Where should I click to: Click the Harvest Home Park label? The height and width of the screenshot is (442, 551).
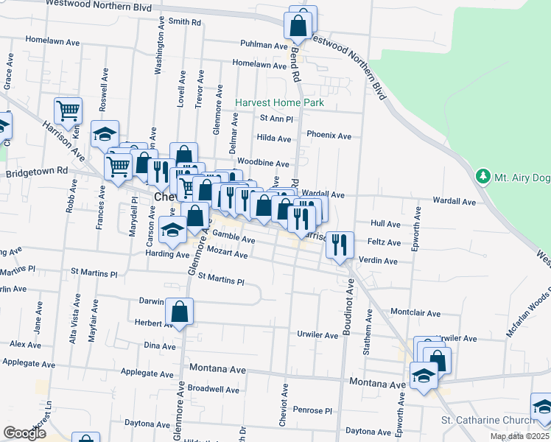click(279, 103)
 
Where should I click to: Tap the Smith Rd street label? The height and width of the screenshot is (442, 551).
click(184, 22)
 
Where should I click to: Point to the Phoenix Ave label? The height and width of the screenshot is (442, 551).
click(329, 136)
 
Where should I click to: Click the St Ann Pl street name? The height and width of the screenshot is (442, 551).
click(276, 119)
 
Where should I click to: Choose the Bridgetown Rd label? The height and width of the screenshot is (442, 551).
click(37, 172)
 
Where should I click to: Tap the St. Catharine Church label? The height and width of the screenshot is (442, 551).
click(484, 421)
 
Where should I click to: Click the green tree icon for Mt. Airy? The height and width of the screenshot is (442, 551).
click(482, 176)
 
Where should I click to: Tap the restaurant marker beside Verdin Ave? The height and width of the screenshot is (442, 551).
click(340, 245)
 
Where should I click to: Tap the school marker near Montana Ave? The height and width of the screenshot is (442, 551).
click(424, 376)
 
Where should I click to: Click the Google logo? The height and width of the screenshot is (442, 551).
click(24, 433)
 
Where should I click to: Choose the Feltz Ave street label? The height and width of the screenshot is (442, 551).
click(386, 242)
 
